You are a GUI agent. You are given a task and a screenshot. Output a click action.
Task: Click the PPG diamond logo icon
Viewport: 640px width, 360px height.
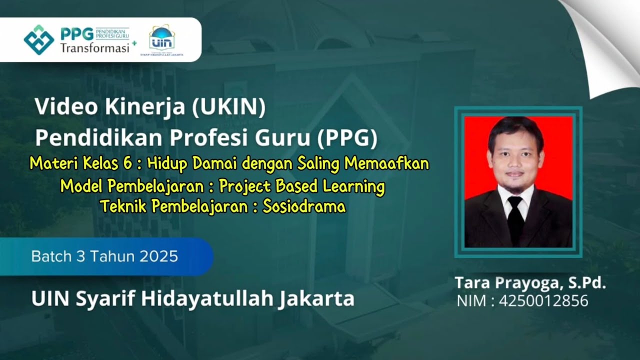tap(38, 39)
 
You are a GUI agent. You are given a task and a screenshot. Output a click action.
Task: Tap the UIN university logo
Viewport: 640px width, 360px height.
tap(162, 38)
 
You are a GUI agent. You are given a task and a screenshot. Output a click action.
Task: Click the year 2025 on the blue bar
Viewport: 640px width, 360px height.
tap(158, 256)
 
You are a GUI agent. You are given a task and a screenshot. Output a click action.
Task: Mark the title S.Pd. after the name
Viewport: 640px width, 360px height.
tap(586, 283)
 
